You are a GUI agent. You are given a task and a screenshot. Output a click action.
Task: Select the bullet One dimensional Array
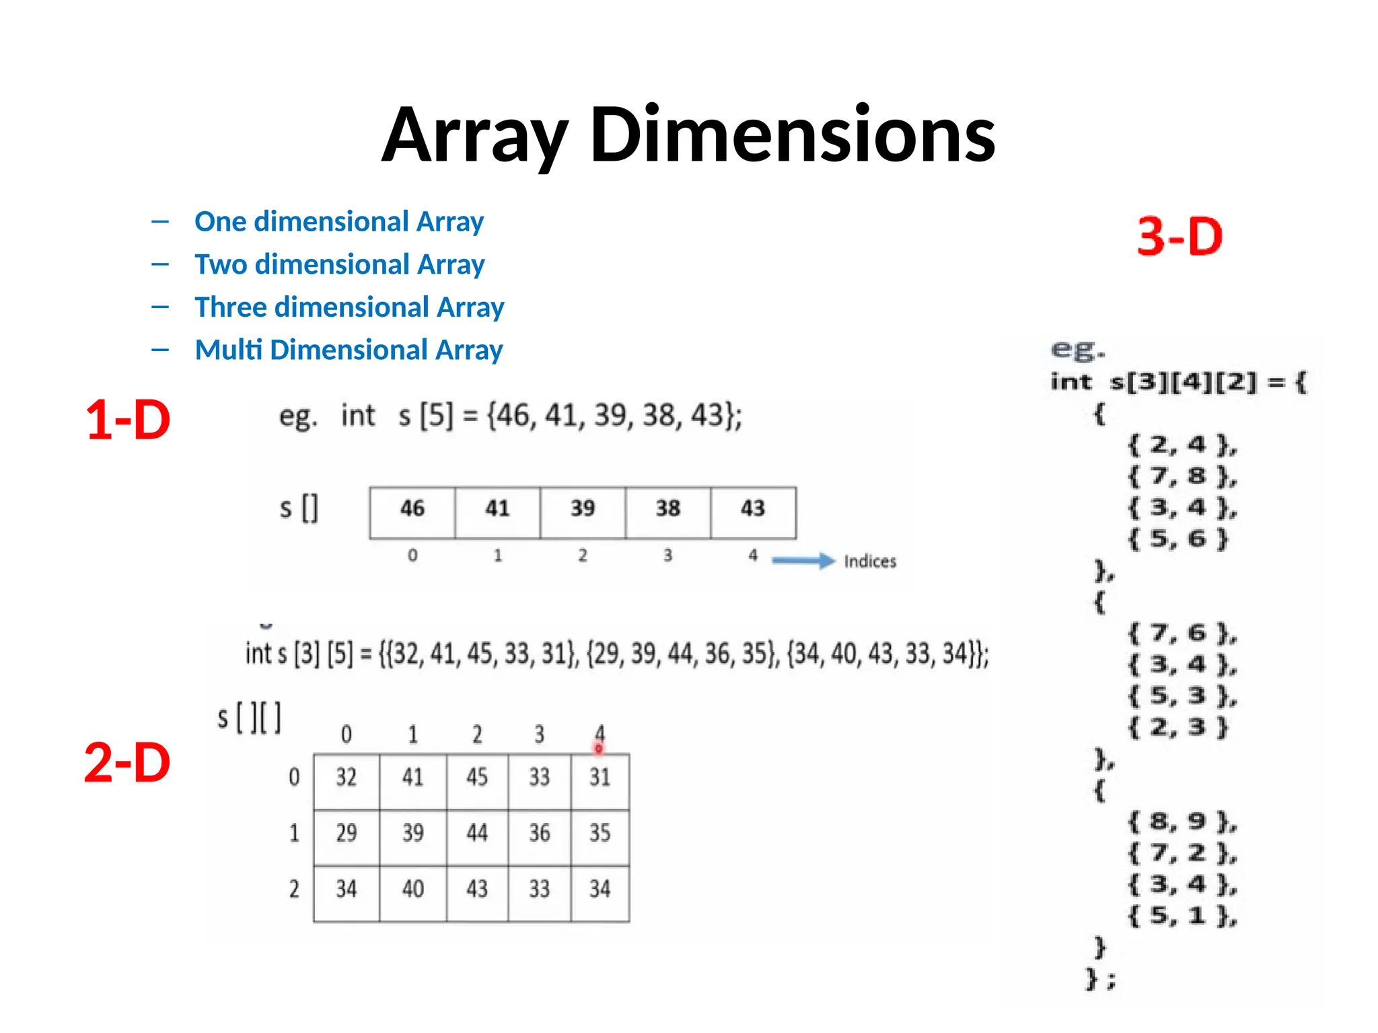tap(338, 221)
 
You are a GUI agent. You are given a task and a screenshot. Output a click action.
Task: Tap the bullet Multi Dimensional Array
tap(349, 350)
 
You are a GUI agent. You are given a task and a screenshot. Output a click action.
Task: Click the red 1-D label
tap(128, 420)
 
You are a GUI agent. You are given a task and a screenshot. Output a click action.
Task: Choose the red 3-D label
tap(1180, 237)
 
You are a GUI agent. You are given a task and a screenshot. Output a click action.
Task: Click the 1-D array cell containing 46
tap(412, 509)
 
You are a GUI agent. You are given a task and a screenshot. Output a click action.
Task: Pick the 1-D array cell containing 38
tap(667, 509)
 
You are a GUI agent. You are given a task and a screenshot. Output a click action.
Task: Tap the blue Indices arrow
tap(803, 560)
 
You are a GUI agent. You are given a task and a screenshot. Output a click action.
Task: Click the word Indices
tap(870, 561)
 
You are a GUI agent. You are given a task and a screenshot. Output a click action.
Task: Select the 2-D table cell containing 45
tap(477, 777)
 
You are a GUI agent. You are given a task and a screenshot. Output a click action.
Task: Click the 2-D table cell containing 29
tap(347, 833)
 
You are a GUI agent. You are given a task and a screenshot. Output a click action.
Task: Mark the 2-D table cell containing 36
tap(539, 833)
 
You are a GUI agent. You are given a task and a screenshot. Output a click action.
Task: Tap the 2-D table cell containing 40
tap(412, 889)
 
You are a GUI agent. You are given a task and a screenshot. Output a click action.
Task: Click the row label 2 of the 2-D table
tap(294, 889)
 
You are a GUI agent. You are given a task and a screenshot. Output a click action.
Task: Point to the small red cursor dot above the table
tap(598, 748)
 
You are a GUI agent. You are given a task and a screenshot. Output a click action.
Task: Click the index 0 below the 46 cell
tap(412, 556)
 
